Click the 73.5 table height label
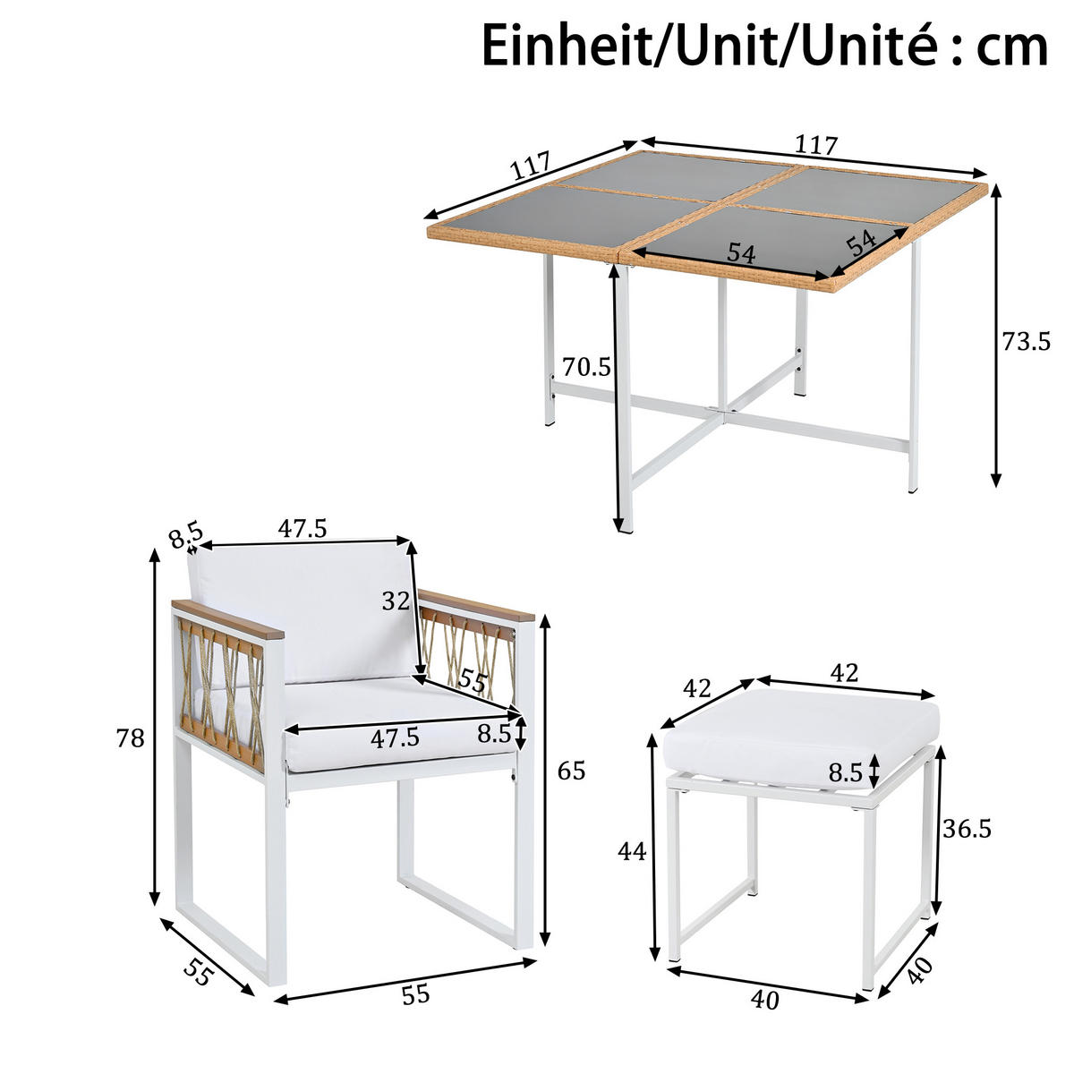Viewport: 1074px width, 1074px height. point(1026,341)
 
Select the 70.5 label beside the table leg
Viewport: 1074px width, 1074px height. point(586,366)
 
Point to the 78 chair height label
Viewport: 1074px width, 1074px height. point(131,738)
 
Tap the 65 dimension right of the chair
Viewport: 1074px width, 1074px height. point(571,770)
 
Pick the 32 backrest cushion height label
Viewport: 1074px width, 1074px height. point(395,601)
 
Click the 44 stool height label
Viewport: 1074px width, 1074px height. point(632,852)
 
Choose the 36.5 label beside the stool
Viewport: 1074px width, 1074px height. point(967,829)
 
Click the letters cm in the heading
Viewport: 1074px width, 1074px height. point(1011,45)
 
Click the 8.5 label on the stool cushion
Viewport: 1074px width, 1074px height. point(845,772)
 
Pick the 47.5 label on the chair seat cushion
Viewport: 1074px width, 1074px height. point(395,738)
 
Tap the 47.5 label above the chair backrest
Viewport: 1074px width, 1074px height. point(302,528)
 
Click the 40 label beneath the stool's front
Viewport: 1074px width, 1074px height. point(766,999)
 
